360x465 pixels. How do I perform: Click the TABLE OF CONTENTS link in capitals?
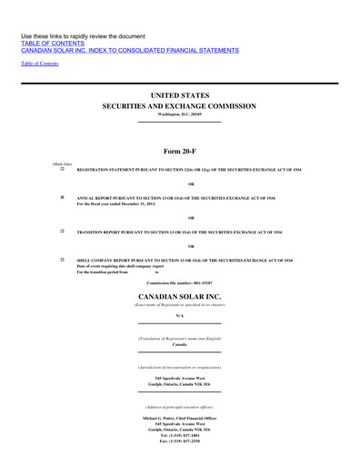tap(52, 43)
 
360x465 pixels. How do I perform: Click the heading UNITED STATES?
tap(179, 94)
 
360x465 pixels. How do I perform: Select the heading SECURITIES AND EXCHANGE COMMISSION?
tap(179, 106)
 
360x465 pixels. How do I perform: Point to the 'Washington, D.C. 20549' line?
tap(179, 115)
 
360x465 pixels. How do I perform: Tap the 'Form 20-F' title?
tap(179, 152)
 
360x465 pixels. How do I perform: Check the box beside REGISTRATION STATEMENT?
tap(63, 170)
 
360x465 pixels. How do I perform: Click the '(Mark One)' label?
tap(63, 163)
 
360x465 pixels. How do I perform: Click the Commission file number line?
tap(179, 285)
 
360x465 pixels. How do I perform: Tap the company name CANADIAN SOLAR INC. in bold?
tap(179, 296)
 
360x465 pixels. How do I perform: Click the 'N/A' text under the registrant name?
tap(179, 315)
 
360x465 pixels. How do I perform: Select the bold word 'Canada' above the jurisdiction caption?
tap(179, 345)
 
